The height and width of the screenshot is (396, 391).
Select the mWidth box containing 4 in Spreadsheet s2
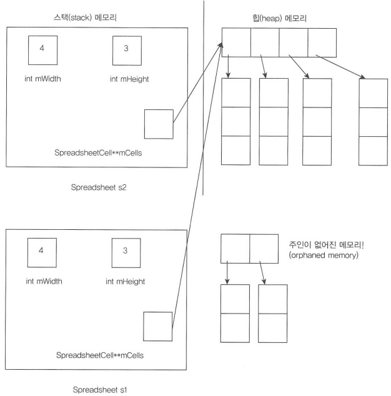[x=42, y=51]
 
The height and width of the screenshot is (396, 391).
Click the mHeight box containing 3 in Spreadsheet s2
[x=126, y=51]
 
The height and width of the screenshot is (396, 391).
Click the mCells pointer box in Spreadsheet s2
[x=157, y=124]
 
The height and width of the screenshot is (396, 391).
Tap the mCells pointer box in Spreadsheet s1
[x=157, y=326]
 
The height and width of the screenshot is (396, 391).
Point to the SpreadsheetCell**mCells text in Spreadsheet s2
[x=99, y=153]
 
